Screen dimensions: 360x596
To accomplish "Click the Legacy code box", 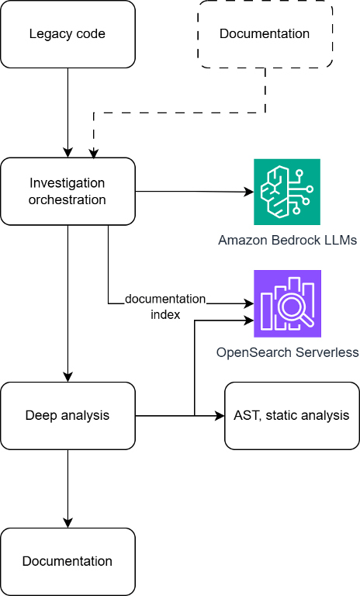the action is (67, 34).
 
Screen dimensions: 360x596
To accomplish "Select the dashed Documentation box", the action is (265, 34).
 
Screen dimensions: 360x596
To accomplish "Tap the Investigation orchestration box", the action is (67, 191).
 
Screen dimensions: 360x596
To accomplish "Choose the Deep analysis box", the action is (67, 416).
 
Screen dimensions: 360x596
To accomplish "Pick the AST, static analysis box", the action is (292, 416).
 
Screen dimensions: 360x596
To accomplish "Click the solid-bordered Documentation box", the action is (67, 562).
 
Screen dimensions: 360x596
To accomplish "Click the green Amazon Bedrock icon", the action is (287, 192).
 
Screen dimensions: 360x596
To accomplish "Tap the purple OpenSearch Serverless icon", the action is (287, 303).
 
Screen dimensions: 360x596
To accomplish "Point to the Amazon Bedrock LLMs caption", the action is (287, 241).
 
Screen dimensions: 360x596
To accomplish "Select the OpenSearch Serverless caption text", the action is (287, 352).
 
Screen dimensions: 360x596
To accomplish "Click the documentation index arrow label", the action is (165, 307).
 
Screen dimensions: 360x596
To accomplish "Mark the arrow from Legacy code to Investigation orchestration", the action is (67, 113).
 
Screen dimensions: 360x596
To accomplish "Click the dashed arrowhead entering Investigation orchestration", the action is (94, 154).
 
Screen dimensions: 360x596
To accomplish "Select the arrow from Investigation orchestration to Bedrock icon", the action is (195, 192).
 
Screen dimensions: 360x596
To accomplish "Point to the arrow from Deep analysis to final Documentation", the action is (67, 489).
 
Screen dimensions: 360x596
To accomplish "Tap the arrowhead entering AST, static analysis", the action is (220, 416).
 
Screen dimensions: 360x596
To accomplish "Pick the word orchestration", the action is (67, 199).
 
